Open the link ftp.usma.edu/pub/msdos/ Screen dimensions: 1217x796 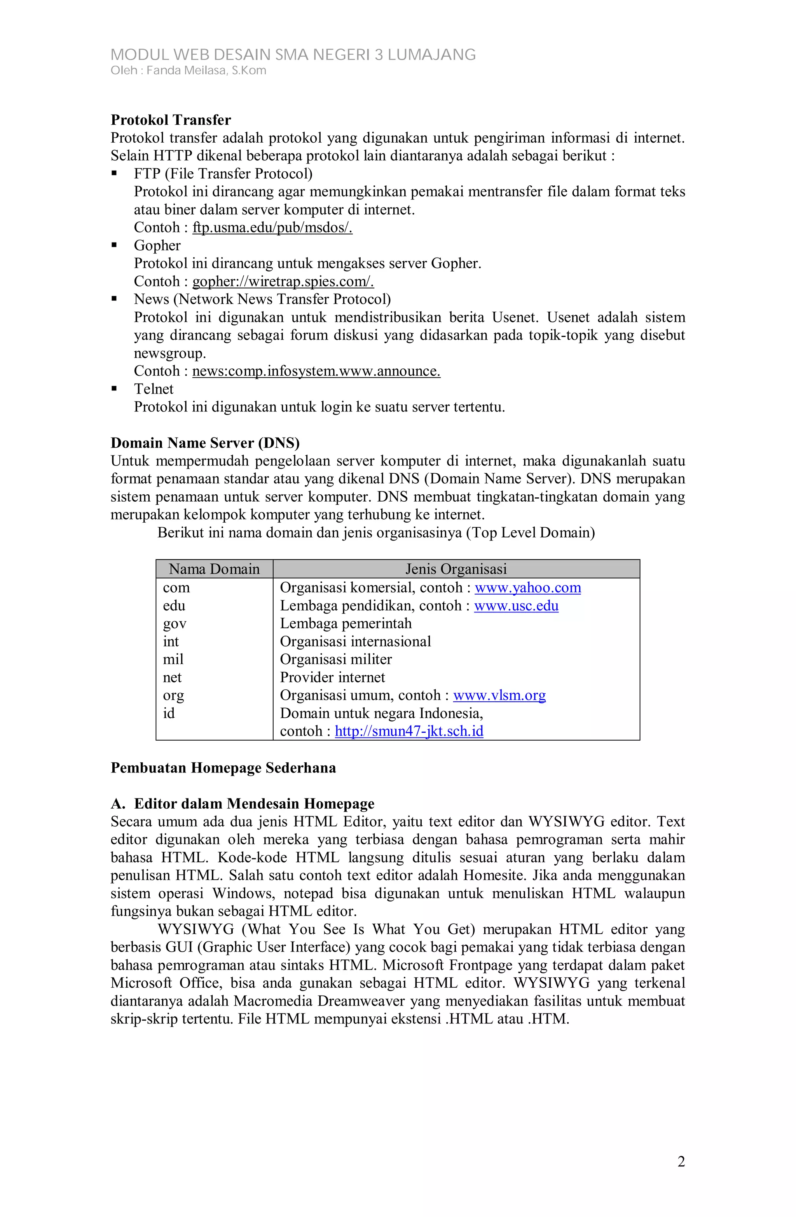272,228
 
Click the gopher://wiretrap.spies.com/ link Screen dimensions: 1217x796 283,281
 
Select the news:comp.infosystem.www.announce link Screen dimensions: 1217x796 316,371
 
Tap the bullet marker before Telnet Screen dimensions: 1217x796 114,389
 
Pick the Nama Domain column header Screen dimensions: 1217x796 214,569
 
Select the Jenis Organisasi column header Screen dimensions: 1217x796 456,569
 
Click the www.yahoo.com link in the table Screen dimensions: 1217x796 527,588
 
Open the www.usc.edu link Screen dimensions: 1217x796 516,605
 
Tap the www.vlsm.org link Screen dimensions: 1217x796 499,696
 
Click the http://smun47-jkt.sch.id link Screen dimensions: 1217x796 409,731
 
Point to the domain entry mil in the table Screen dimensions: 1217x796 173,660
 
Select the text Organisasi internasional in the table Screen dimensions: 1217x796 355,642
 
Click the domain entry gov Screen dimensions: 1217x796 175,624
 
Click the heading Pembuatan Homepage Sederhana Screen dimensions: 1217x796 223,768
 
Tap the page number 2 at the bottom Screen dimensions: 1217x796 681,1162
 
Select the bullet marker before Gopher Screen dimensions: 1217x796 114,246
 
